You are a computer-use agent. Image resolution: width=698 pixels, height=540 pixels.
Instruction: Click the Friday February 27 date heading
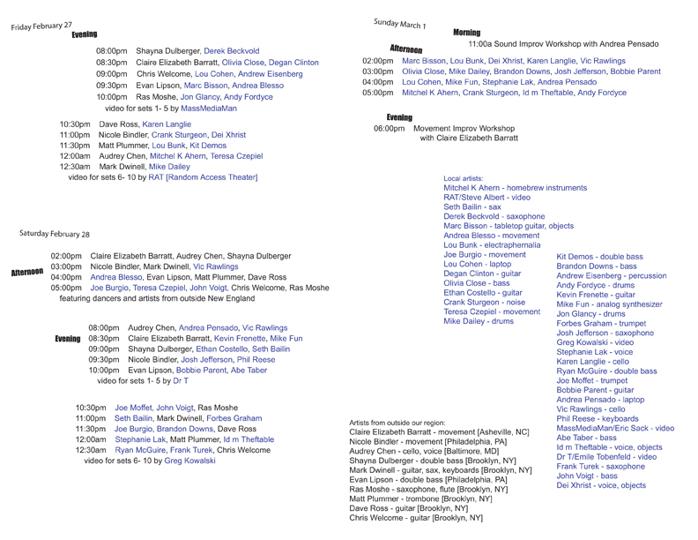point(42,26)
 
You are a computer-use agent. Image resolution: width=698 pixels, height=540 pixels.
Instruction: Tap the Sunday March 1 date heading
point(399,22)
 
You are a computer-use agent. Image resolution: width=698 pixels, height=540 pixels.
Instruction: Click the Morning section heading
point(466,33)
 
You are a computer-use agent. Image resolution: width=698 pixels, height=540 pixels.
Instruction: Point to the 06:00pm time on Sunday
point(389,128)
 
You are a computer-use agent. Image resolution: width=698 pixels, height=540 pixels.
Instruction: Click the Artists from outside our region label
point(405,423)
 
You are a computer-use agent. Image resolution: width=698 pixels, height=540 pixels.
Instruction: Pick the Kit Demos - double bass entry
point(599,256)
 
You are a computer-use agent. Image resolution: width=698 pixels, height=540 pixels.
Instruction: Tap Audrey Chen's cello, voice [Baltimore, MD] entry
point(424,451)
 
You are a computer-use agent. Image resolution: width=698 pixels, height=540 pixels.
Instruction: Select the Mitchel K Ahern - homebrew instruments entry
point(515,188)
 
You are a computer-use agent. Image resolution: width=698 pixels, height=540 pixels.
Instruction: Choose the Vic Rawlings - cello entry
point(590,409)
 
